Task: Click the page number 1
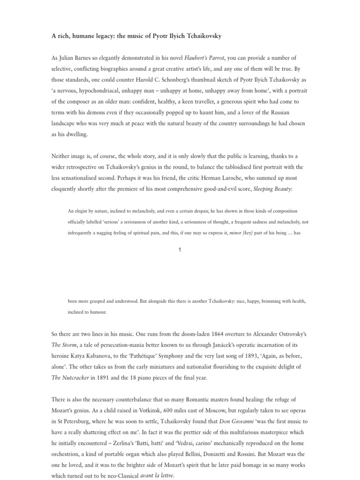click(x=180, y=250)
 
